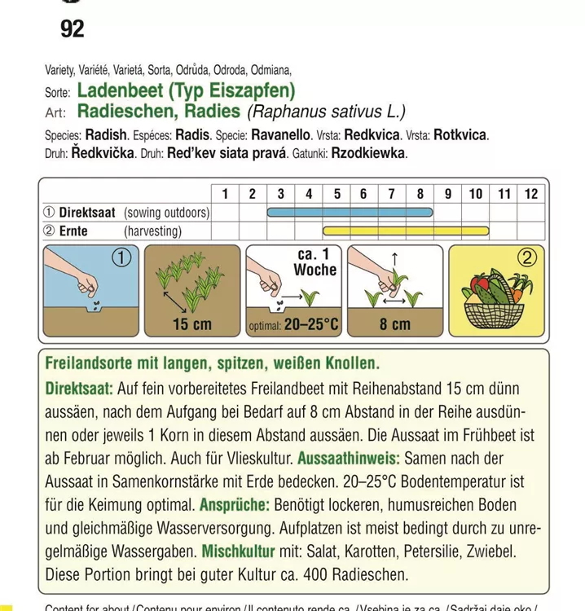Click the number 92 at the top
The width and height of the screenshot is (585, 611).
73,30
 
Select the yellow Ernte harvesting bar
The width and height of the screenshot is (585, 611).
405,231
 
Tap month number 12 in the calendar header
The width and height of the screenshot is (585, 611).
531,194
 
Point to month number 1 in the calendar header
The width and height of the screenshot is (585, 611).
224,194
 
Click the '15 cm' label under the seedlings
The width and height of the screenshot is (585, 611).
191,324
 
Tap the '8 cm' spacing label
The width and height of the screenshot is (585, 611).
395,324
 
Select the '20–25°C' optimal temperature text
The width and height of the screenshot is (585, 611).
310,326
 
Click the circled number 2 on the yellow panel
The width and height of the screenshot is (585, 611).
527,258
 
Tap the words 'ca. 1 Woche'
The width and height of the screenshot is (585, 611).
314,261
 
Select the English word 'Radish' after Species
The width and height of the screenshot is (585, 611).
106,135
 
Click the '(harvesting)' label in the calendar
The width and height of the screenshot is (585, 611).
152,231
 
